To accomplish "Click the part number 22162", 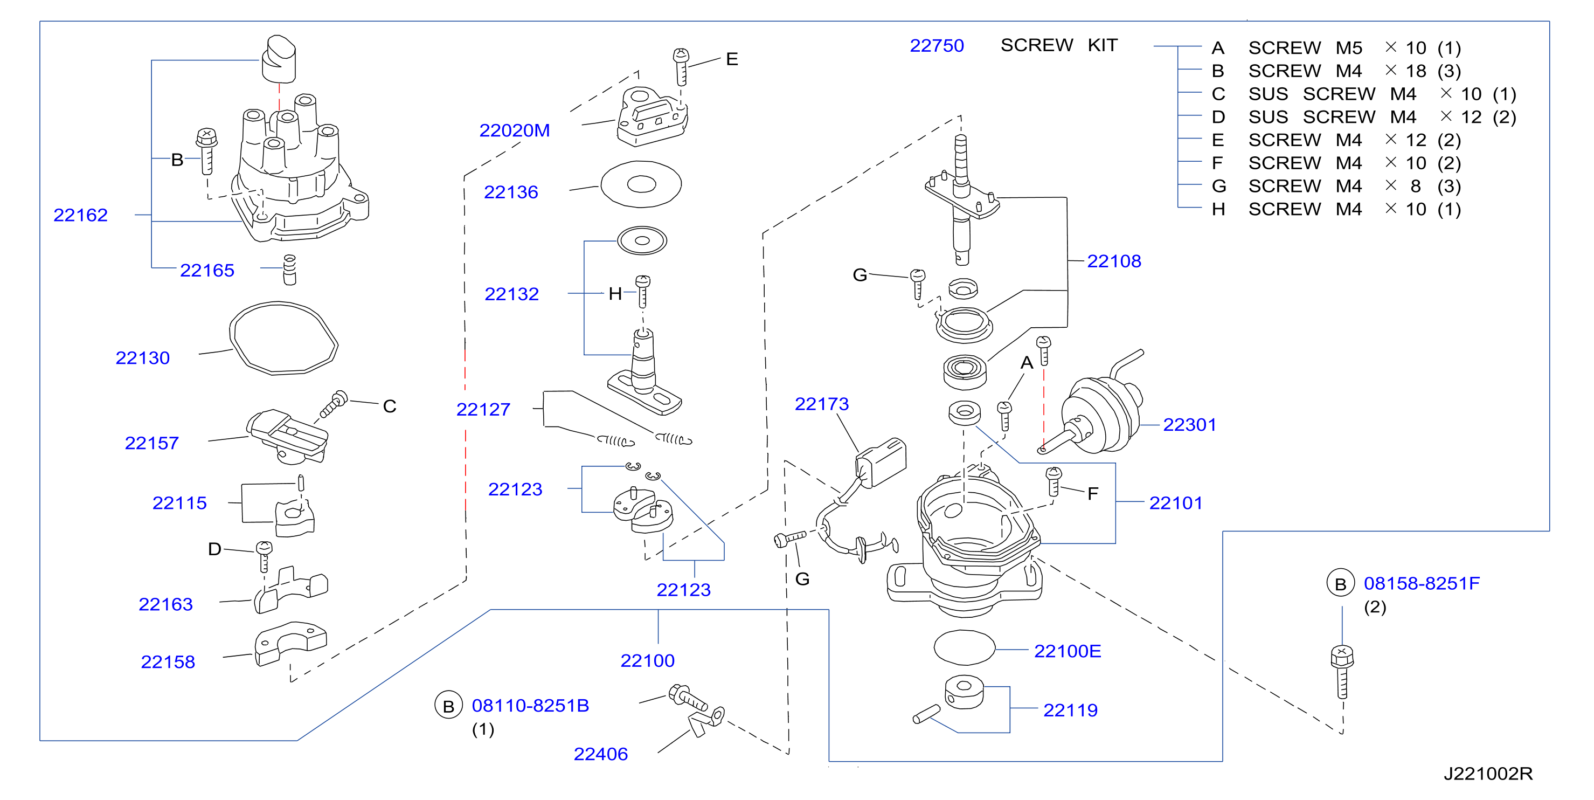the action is click(80, 215).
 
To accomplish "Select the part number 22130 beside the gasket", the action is click(142, 358).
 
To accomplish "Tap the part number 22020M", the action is click(514, 130).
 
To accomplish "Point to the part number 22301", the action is click(1189, 425).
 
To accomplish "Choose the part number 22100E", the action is click(1068, 651).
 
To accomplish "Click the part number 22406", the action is click(600, 754).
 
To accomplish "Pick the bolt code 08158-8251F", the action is click(1422, 583).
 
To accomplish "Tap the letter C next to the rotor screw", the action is click(389, 406).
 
